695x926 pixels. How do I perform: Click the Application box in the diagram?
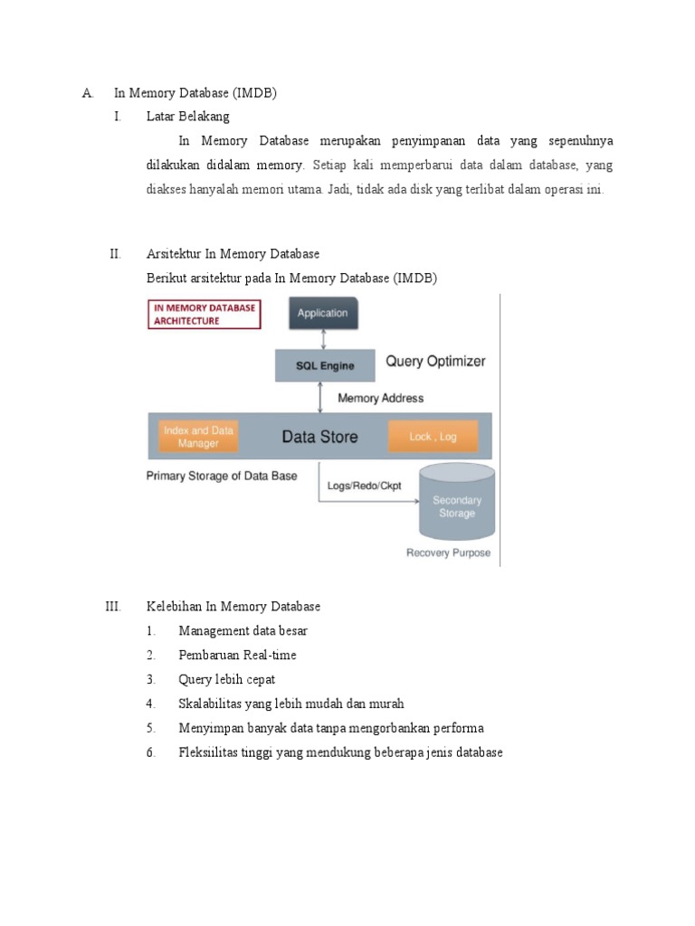pos(323,314)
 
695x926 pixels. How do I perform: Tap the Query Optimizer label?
pos(435,361)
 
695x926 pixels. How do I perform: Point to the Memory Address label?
pos(380,398)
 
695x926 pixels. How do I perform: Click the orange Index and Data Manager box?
pos(198,437)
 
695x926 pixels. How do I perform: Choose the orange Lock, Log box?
pos(433,437)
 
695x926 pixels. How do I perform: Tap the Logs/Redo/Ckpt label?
pos(365,486)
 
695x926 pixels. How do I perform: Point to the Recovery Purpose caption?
pos(449,553)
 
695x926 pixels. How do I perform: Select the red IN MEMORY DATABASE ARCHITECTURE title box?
pos(203,314)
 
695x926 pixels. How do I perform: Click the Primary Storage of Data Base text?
pos(222,476)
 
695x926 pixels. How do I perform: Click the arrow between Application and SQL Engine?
pos(323,340)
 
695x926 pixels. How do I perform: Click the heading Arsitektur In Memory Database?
pos(233,254)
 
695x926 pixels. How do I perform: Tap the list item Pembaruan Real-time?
pos(237,655)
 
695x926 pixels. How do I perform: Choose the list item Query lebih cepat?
pos(227,679)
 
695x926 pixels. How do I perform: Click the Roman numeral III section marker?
pos(113,606)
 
